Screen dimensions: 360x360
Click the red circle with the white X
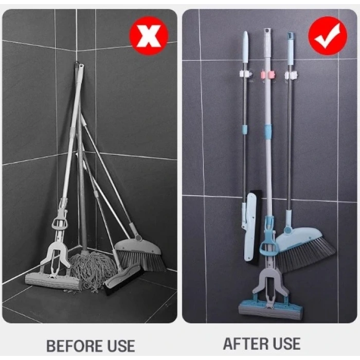click(149, 35)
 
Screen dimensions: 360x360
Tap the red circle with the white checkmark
click(328, 35)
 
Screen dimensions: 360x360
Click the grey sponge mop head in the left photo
click(53, 280)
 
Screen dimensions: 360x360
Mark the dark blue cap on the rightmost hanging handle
click(291, 37)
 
